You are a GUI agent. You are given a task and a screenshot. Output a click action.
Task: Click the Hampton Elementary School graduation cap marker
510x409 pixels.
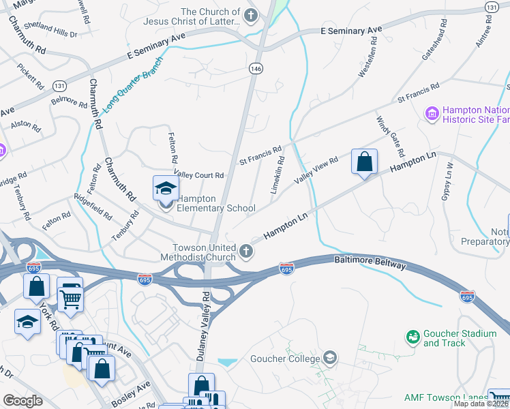(x=166, y=189)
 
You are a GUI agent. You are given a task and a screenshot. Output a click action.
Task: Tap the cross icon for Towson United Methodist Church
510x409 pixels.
(x=246, y=252)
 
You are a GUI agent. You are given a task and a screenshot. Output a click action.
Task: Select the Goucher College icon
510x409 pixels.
(x=330, y=358)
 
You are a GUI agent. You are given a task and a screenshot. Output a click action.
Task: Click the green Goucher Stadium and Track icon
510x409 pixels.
(x=412, y=337)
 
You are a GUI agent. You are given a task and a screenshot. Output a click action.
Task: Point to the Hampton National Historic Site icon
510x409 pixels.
(x=432, y=113)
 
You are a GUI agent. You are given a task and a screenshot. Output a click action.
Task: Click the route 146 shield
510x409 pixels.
(x=256, y=68)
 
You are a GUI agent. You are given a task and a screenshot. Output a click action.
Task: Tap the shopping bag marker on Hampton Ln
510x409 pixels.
(x=365, y=162)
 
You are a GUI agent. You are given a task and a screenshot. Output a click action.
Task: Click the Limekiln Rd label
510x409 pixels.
(x=277, y=175)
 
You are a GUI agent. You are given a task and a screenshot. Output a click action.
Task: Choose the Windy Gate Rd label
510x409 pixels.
(x=390, y=136)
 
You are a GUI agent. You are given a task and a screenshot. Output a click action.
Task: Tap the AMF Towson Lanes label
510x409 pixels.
(x=445, y=397)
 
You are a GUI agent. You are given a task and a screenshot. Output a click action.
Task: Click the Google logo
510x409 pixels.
(x=22, y=401)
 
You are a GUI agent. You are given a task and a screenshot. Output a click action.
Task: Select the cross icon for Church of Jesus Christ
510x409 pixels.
(x=252, y=16)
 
